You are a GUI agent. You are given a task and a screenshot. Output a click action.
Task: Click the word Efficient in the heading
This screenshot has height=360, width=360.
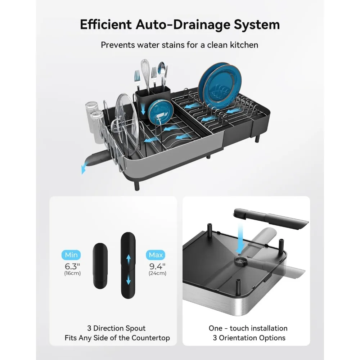click(x=106, y=24)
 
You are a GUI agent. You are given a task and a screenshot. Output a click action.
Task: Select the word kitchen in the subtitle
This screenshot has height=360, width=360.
click(x=244, y=45)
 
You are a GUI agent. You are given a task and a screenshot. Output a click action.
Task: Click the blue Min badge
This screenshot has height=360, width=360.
click(x=71, y=255)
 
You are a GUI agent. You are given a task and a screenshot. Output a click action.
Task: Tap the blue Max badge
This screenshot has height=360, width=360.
click(x=156, y=255)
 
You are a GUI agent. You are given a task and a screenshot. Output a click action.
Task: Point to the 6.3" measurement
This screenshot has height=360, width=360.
click(x=72, y=266)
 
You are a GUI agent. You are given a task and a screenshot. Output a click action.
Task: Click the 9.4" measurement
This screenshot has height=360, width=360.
click(x=157, y=266)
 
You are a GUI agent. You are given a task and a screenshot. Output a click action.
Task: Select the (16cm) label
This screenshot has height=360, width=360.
click(x=72, y=273)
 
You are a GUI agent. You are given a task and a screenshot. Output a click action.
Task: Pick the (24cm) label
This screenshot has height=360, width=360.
click(x=158, y=273)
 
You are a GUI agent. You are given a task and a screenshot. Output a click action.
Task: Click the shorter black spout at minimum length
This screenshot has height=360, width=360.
click(x=100, y=266)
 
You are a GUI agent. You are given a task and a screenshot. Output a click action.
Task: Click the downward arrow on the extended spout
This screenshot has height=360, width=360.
click(x=129, y=279)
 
